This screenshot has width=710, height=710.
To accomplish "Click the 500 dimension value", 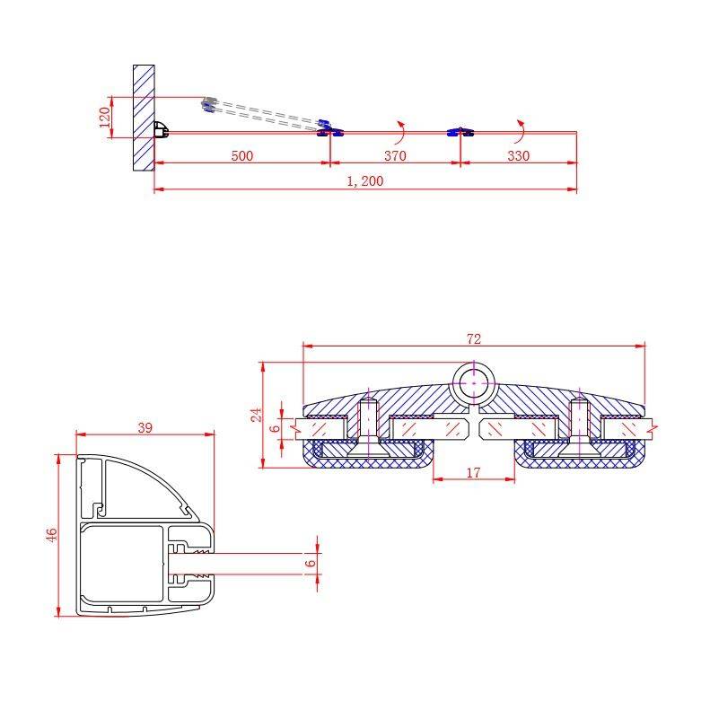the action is pyautogui.click(x=241, y=156).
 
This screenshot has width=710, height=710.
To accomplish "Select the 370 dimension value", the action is pyautogui.click(x=395, y=156).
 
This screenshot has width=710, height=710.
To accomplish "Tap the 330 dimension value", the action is pyautogui.click(x=518, y=156).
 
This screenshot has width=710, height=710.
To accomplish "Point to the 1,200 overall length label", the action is pyautogui.click(x=365, y=181).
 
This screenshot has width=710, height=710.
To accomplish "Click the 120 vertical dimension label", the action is pyautogui.click(x=105, y=118).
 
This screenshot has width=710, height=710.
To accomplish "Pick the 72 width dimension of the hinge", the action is pyautogui.click(x=474, y=338).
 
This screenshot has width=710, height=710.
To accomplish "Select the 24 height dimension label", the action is pyautogui.click(x=257, y=415).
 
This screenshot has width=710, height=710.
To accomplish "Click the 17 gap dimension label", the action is pyautogui.click(x=473, y=473).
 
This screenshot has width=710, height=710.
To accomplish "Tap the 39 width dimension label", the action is pyautogui.click(x=145, y=427).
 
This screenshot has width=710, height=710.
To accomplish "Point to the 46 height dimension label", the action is pyautogui.click(x=52, y=535).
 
